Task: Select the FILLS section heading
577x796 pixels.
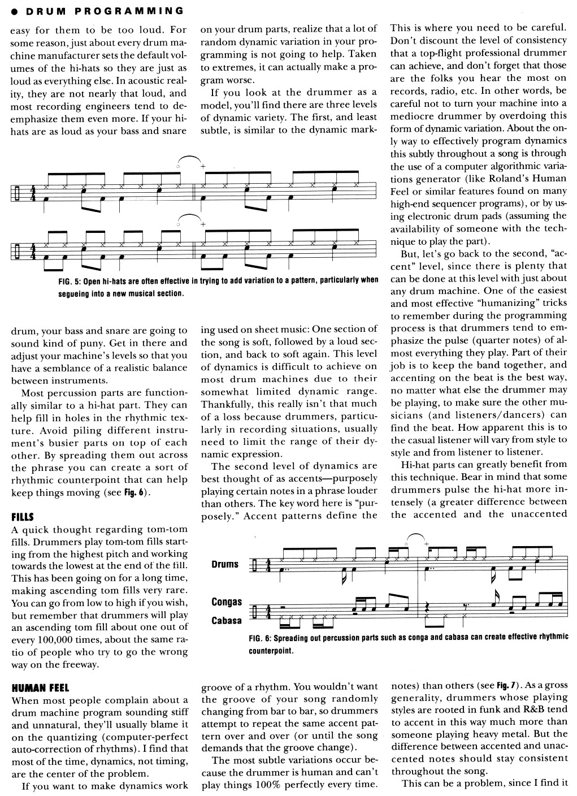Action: (23, 517)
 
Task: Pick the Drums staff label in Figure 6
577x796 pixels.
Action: (225, 564)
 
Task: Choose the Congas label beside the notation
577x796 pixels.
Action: (227, 602)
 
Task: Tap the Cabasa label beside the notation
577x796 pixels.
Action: (227, 620)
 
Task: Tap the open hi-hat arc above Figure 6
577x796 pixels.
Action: (415, 536)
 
